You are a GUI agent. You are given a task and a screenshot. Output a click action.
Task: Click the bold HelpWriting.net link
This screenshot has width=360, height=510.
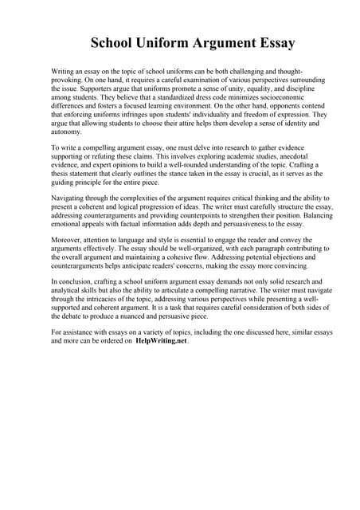[x=161, y=341]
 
